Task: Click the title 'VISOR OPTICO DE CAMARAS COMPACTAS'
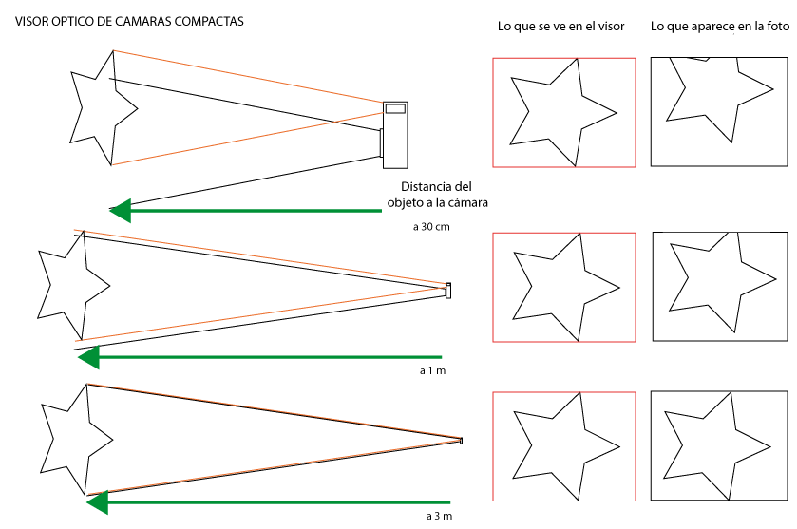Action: pyautogui.click(x=129, y=20)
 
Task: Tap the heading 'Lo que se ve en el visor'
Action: pyautogui.click(x=560, y=27)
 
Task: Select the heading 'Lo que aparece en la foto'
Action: pyautogui.click(x=719, y=27)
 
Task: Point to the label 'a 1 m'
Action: pyautogui.click(x=432, y=370)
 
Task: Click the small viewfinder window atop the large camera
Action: pyautogui.click(x=395, y=108)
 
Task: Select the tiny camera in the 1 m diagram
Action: pyautogui.click(x=448, y=291)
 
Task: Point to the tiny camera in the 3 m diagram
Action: pyautogui.click(x=462, y=441)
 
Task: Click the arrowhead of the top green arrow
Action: pyautogui.click(x=119, y=209)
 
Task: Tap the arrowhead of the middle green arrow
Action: pyautogui.click(x=88, y=357)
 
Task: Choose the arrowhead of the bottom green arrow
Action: pyautogui.click(x=96, y=502)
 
